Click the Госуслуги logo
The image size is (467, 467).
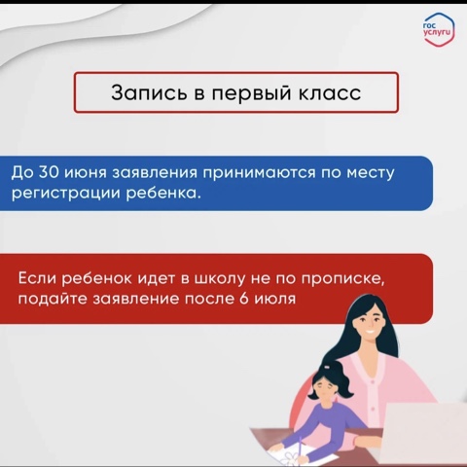click(x=439, y=29)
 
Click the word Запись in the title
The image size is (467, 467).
click(x=149, y=92)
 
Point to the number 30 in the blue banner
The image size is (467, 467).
click(x=49, y=172)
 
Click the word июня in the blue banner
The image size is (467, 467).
click(x=86, y=173)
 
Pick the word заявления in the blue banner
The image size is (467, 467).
click(x=155, y=173)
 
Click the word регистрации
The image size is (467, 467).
click(x=66, y=194)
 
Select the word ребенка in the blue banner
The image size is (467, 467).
click(x=162, y=193)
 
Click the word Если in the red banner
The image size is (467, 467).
click(x=37, y=278)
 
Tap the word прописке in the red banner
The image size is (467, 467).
click(x=342, y=280)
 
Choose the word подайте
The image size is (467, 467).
click(x=53, y=299)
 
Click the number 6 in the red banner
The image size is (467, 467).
click(x=244, y=299)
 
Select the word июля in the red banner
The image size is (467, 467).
click(x=274, y=299)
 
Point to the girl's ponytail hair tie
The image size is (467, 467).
click(x=326, y=367)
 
